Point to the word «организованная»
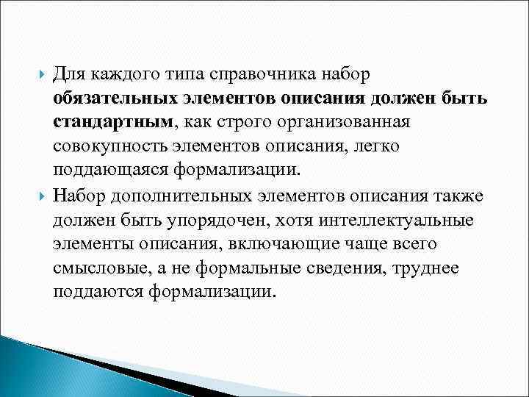pos(356,122)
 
